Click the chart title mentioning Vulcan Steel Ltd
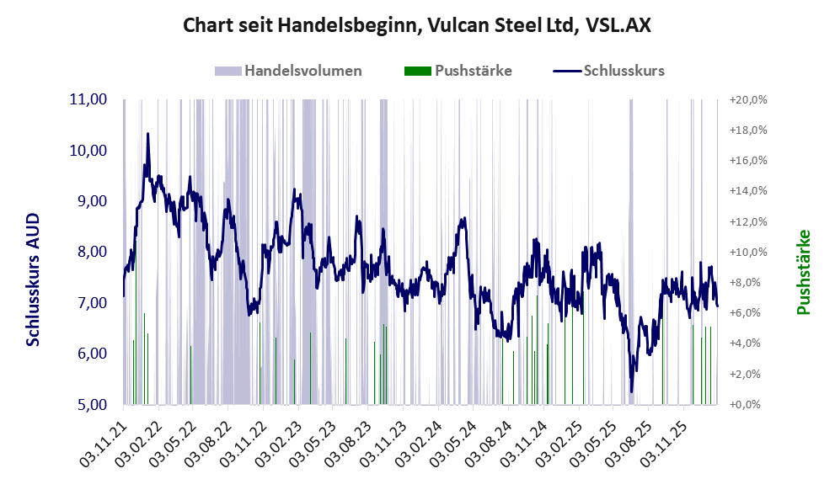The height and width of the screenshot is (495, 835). click(417, 25)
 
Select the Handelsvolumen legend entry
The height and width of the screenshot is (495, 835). click(302, 71)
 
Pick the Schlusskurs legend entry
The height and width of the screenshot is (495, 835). click(623, 71)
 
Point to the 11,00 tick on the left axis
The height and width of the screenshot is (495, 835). click(88, 99)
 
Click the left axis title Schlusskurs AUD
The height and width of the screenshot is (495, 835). click(33, 279)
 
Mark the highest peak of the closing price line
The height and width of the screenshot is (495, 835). click(148, 133)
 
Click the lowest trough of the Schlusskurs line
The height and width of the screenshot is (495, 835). click(632, 391)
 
